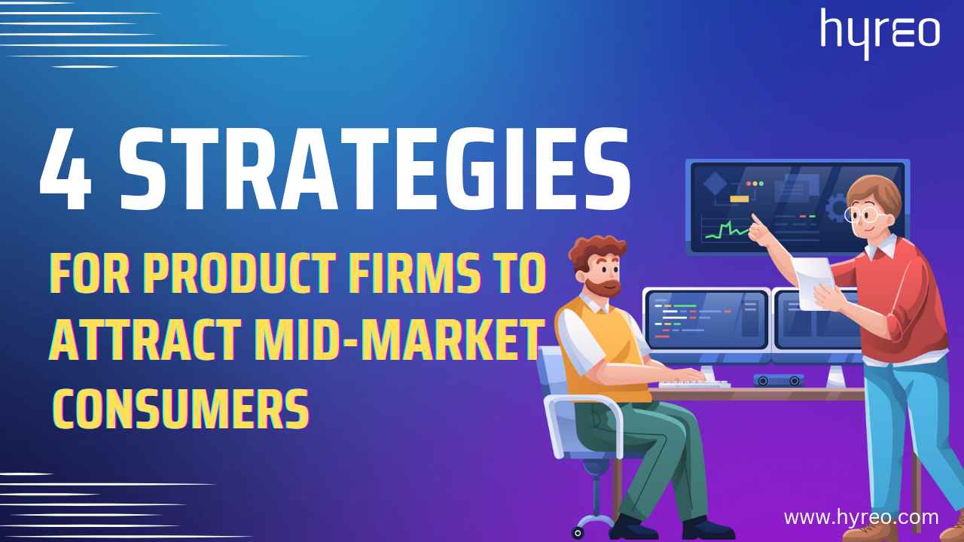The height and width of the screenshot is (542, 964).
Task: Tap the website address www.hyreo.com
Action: pos(861,517)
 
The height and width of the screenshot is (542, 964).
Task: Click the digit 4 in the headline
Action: pos(66,172)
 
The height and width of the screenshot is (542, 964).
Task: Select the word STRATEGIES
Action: pos(374,172)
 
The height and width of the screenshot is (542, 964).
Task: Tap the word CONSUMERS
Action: pos(181,408)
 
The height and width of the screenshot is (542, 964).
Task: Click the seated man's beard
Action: pos(602,285)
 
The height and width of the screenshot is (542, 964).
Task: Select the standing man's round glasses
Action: pos(862,215)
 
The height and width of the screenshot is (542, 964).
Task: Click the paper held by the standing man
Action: pos(816,282)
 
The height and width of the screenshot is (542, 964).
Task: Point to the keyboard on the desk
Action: pos(694,384)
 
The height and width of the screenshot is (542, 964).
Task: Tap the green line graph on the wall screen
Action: pos(720,230)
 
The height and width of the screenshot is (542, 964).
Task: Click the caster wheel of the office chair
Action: pos(578,532)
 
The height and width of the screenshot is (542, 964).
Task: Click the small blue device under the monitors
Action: pos(778,381)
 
